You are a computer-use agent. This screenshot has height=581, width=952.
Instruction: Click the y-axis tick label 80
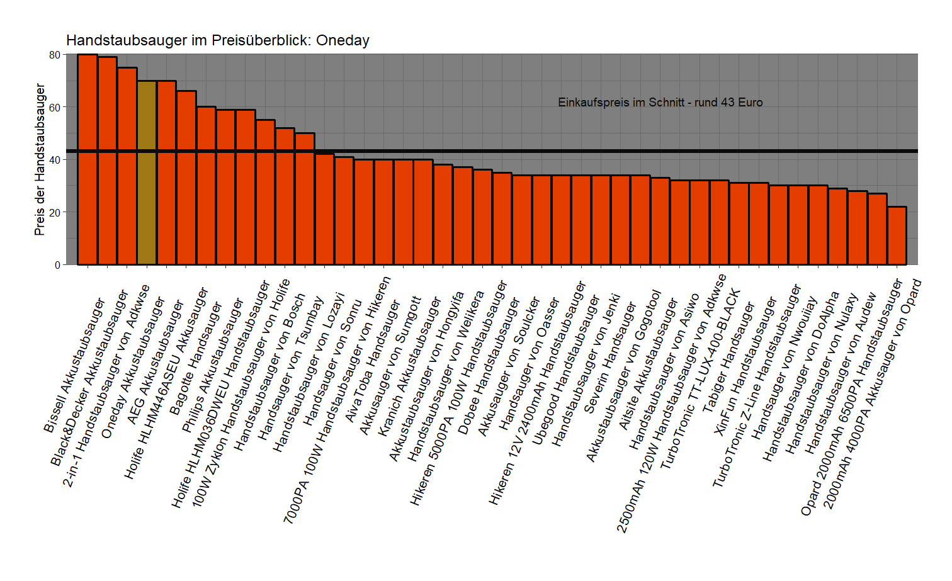[55, 55]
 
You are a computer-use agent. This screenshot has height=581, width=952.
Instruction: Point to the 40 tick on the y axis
[55, 160]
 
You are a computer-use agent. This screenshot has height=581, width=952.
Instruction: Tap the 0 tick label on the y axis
[57, 265]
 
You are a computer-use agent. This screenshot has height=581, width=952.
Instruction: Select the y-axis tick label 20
[55, 213]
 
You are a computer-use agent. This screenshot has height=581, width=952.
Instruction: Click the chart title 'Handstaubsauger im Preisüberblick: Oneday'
[217, 40]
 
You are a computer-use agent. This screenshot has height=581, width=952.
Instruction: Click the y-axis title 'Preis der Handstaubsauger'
[40, 160]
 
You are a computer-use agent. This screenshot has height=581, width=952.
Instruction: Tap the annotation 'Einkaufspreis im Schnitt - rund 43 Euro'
[660, 103]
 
